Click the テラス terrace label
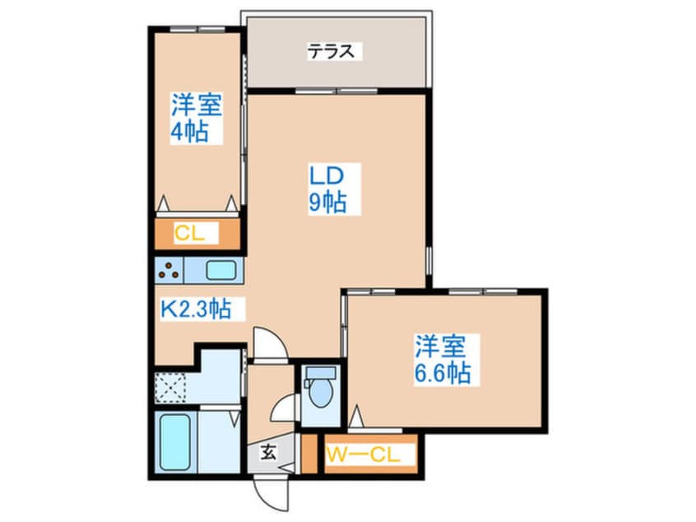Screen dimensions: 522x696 pyautogui.click(x=333, y=52)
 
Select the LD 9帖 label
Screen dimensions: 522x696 pyautogui.click(x=327, y=189)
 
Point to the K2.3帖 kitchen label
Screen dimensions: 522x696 pyautogui.click(x=194, y=310)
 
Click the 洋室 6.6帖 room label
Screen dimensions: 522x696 pyautogui.click(x=443, y=359)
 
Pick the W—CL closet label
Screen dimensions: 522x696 pyautogui.click(x=364, y=454)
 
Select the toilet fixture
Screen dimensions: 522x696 pyautogui.click(x=319, y=392)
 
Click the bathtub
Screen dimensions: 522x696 pyautogui.click(x=174, y=441)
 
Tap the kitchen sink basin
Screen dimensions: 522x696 pyautogui.click(x=220, y=271)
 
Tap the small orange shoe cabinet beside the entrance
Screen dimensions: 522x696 pyautogui.click(x=309, y=454)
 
